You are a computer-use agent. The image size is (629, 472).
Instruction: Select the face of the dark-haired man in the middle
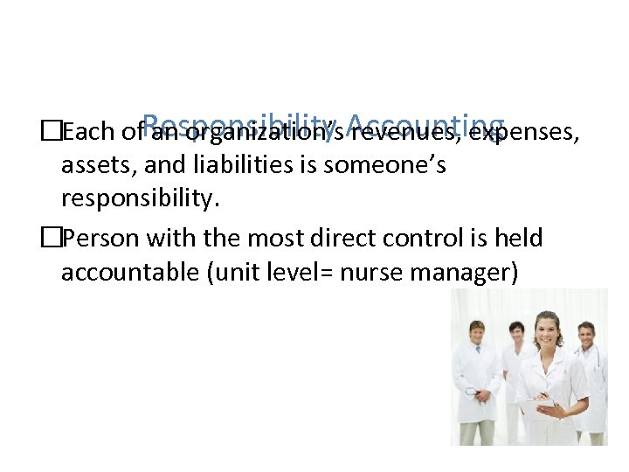[x=517, y=334]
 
